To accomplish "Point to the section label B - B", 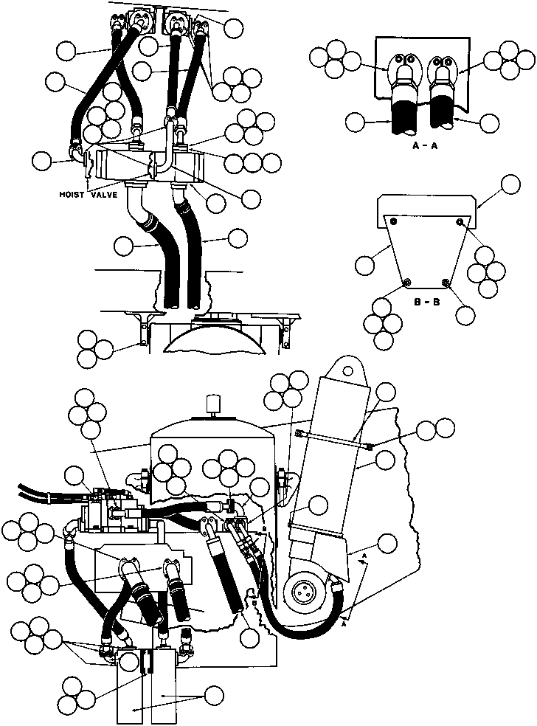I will [426, 301].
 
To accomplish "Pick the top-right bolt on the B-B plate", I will [460, 222].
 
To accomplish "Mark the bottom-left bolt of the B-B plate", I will [406, 281].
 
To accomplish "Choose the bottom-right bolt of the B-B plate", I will [445, 281].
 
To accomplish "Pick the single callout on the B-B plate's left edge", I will [367, 265].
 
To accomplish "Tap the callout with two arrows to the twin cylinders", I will [215, 694].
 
